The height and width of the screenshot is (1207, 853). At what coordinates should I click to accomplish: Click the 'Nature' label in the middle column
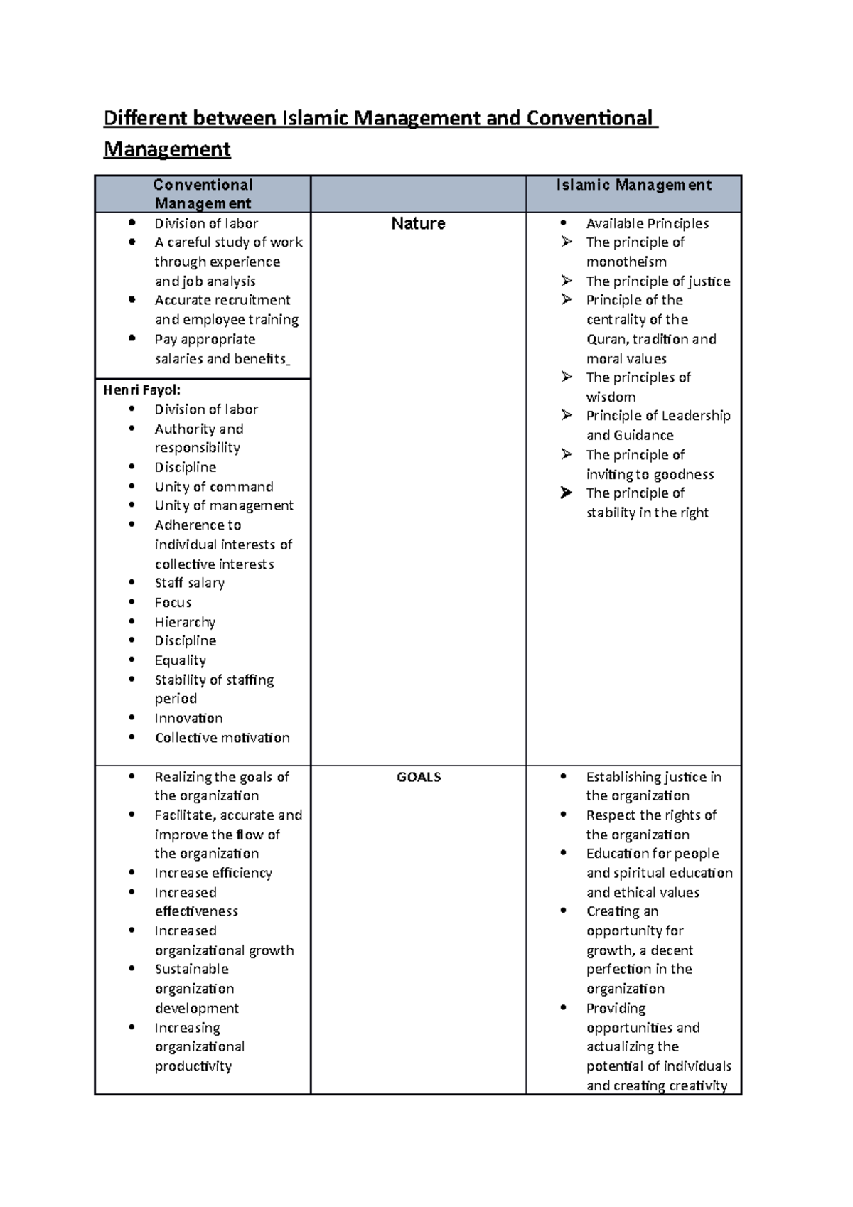pos(418,223)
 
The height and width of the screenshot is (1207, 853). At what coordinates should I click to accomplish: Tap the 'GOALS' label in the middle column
pos(419,777)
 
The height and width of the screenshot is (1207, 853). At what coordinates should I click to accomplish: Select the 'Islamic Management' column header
pos(633,185)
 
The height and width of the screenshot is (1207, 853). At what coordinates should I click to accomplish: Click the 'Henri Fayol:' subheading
pos(142,390)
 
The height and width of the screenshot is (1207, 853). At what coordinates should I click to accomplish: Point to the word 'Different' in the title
pos(144,118)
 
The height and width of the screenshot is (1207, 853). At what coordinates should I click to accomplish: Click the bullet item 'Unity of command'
pos(213,487)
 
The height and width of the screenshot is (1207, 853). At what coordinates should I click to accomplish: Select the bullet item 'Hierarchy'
pos(185,622)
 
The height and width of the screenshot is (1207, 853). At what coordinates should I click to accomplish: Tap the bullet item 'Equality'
pos(180,660)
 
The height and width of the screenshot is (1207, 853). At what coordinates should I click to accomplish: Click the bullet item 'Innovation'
pos(188,718)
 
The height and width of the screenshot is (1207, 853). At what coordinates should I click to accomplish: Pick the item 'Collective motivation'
pos(222,738)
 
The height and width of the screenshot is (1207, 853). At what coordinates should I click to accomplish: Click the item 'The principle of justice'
pos(658,281)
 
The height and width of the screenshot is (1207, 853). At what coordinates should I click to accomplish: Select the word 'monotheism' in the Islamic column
pos(626,262)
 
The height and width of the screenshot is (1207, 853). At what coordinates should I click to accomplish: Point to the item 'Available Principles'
pos(647,223)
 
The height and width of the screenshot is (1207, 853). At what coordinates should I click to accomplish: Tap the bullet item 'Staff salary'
pos(189,583)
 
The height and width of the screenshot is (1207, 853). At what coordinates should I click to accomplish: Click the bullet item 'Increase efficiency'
pos(213,873)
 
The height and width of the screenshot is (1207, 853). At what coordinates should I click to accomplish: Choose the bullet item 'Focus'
pos(173,603)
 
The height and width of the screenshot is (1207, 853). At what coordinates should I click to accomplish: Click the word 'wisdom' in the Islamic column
pos(611,397)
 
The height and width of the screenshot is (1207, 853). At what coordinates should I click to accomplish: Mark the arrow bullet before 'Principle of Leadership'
pos(567,415)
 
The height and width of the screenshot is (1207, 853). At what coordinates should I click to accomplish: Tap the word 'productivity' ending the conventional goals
pos(193,1066)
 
